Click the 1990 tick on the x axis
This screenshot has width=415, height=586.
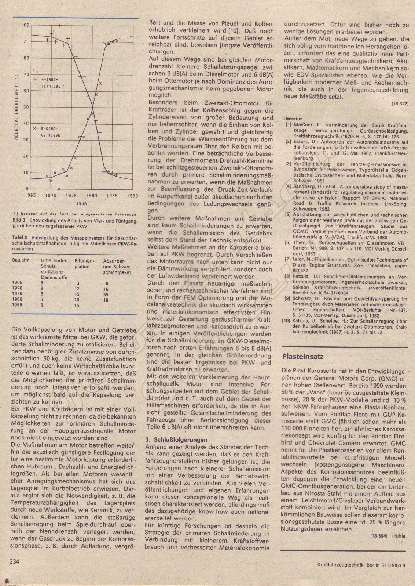pyautogui.click(x=132, y=196)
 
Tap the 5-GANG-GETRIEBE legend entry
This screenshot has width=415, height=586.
pyautogui.click(x=51, y=132)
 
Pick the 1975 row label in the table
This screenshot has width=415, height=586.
pyautogui.click(x=18, y=294)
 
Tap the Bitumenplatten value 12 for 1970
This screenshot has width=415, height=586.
pyautogui.click(x=77, y=289)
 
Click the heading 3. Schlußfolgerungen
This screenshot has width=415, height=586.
pyautogui.click(x=176, y=439)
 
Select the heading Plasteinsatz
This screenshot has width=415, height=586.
pyautogui.click(x=303, y=356)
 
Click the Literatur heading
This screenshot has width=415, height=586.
pyautogui.click(x=293, y=119)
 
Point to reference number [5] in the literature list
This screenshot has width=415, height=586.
pyautogui.click(x=288, y=215)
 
